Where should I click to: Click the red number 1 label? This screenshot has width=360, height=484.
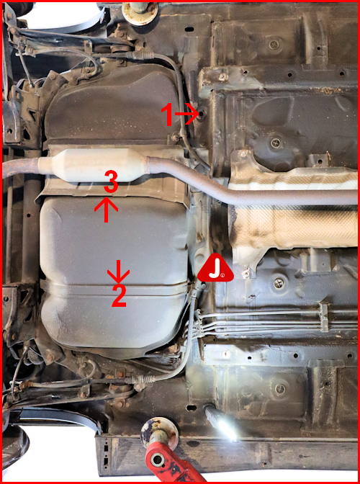tap(168, 114)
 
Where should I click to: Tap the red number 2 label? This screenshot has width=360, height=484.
tap(119, 295)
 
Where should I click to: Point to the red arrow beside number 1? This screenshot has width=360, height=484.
tap(187, 114)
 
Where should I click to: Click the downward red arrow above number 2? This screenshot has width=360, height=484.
tap(119, 272)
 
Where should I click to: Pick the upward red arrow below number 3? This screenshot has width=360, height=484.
tap(106, 210)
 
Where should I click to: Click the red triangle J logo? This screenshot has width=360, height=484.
tap(215, 268)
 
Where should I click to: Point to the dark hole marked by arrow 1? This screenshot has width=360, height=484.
tap(202, 114)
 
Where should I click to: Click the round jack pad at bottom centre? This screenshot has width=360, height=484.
tap(159, 430)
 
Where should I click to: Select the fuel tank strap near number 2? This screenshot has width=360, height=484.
tap(114, 288)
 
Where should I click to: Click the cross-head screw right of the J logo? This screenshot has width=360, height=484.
tap(278, 283)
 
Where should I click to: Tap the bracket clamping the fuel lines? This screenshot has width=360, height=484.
tap(324, 318)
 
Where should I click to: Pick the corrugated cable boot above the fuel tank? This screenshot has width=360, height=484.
tap(143, 55)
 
